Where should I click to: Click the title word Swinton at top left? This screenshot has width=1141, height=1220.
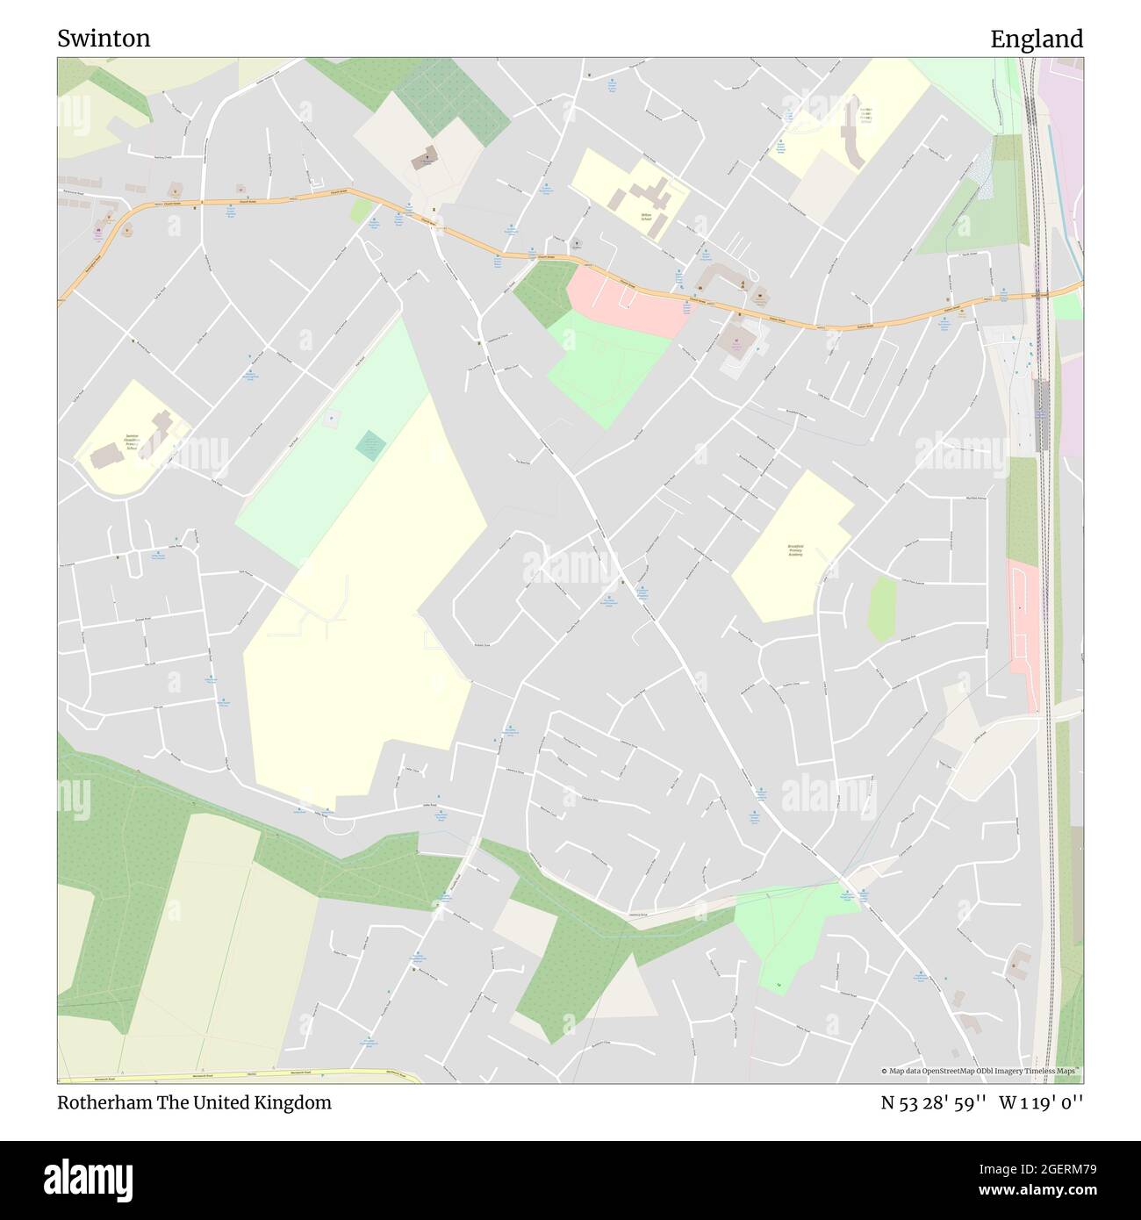click(104, 39)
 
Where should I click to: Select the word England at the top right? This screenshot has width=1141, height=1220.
click(1037, 39)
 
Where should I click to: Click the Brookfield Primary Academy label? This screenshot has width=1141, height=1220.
click(794, 550)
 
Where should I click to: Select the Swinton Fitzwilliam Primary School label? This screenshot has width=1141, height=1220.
click(133, 440)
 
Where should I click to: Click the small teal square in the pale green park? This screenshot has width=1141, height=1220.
click(370, 445)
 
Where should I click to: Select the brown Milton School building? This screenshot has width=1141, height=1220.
click(651, 195)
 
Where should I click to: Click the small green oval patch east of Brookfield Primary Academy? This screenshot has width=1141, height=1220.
click(882, 609)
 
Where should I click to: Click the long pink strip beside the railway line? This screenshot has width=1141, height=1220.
click(1023, 628)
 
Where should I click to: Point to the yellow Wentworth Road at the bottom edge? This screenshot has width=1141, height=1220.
click(237, 1073)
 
